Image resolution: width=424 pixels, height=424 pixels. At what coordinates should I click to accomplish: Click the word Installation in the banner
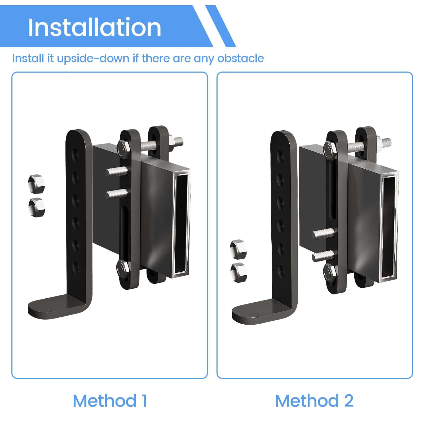pyautogui.click(x=95, y=27)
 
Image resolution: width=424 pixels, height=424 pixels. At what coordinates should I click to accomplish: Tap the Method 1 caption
pyautogui.click(x=110, y=401)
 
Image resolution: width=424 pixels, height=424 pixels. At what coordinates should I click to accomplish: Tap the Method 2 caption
pyautogui.click(x=314, y=401)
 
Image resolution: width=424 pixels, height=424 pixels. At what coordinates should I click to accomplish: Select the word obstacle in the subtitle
pyautogui.click(x=241, y=58)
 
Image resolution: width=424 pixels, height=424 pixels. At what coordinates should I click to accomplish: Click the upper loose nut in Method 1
pyautogui.click(x=36, y=183)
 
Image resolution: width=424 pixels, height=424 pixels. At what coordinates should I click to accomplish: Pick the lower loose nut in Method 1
pyautogui.click(x=37, y=207)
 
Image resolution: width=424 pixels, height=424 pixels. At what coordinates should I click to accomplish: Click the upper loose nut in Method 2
pyautogui.click(x=238, y=249)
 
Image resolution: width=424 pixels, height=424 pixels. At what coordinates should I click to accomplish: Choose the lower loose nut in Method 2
pyautogui.click(x=238, y=272)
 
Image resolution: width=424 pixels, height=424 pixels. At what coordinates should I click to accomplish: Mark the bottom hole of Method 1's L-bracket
pyautogui.click(x=76, y=267)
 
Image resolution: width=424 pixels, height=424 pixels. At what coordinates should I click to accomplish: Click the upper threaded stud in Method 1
pyautogui.click(x=117, y=172)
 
